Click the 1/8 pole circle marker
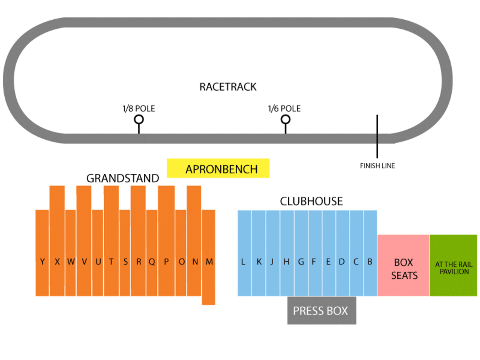(139, 115)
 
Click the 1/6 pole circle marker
(286, 115)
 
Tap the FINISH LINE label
(377, 166)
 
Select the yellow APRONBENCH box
(218, 168)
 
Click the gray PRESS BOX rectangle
(322, 311)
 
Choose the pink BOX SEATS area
(403, 265)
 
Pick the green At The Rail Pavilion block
(454, 265)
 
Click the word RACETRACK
(228, 87)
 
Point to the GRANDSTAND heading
(123, 178)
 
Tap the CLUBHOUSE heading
(312, 201)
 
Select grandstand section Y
(42, 253)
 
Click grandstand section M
(208, 257)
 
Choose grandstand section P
(166, 240)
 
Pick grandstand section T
(111, 240)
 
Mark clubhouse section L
(245, 253)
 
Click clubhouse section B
(371, 253)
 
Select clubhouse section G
(301, 253)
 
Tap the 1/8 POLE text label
(139, 108)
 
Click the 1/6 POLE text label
(284, 108)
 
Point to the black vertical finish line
(377, 136)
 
